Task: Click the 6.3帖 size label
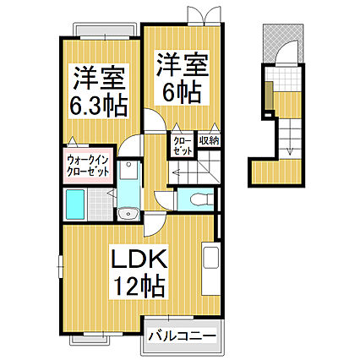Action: pos(98,106)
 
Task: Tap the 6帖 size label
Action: pos(180,90)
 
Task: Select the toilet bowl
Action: pos(197,200)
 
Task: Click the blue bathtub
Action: pos(74,204)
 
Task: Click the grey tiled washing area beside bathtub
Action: pos(100,204)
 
